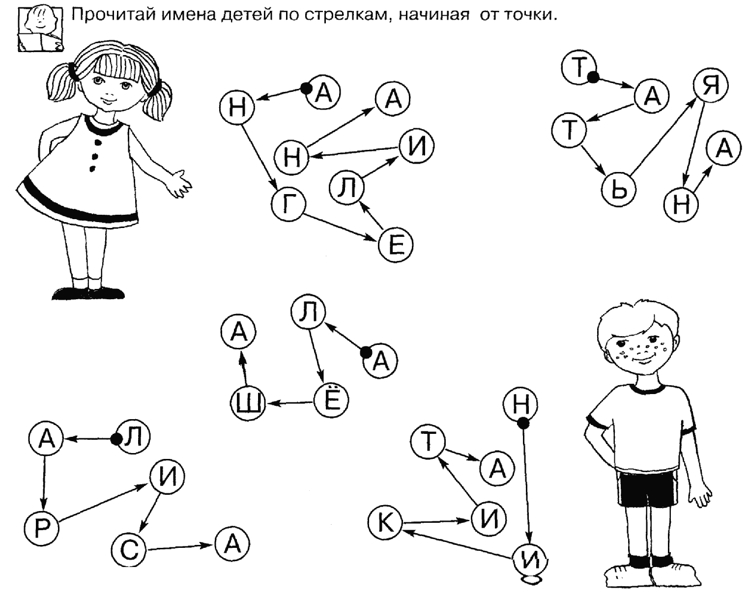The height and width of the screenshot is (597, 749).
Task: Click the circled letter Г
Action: pyautogui.click(x=288, y=204)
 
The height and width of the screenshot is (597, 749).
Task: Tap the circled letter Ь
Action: pyautogui.click(x=619, y=190)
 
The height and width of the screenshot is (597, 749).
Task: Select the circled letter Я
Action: pyautogui.click(x=711, y=85)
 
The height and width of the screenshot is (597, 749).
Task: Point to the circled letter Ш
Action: pyautogui.click(x=248, y=404)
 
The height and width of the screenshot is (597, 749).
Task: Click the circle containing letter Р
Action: pyautogui.click(x=41, y=529)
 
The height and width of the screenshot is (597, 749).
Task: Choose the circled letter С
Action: pyautogui.click(x=129, y=550)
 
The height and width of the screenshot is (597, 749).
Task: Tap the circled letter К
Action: pyautogui.click(x=385, y=522)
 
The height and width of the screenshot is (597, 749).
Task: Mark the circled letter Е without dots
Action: pyautogui.click(x=396, y=245)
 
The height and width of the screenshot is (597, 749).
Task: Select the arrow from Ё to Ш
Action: pyautogui.click(x=290, y=403)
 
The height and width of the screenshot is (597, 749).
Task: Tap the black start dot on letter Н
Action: pyautogui.click(x=523, y=423)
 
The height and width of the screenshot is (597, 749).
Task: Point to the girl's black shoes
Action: pyautogui.click(x=87, y=293)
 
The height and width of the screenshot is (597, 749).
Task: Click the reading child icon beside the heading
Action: pyautogui.click(x=40, y=29)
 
